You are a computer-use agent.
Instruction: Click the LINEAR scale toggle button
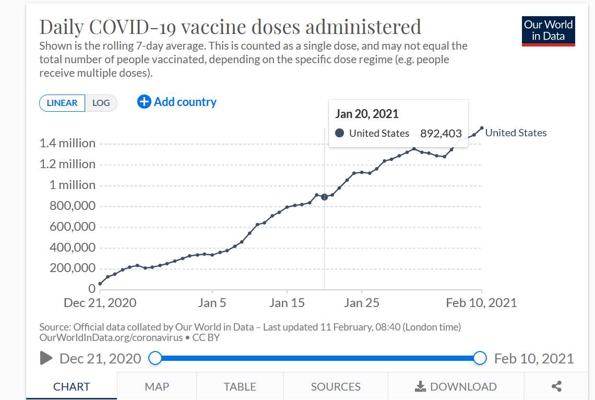tap(62, 103)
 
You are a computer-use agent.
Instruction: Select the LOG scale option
tap(101, 103)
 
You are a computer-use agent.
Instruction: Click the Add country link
tap(177, 102)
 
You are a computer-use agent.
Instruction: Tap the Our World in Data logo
tap(548, 31)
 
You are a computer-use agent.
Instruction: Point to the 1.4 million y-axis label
tap(67, 143)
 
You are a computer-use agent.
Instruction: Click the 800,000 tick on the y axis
tap(73, 206)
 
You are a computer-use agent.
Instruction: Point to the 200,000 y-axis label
tap(73, 268)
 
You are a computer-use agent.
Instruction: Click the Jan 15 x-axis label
tap(287, 303)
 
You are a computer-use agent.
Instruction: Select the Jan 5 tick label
tap(212, 303)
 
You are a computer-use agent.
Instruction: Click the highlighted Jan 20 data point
tap(325, 197)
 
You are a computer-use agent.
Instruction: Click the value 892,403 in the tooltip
tap(441, 133)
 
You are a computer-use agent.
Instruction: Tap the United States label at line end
tap(516, 133)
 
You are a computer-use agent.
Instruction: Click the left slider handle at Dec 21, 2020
tap(155, 358)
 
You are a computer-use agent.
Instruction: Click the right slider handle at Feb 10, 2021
tap(480, 358)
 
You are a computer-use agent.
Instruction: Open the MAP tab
tap(157, 386)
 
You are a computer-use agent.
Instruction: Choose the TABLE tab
tap(240, 386)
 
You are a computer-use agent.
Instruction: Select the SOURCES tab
tap(336, 386)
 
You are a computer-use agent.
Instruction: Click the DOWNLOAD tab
tap(456, 386)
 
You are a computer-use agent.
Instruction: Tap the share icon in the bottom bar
tap(556, 386)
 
